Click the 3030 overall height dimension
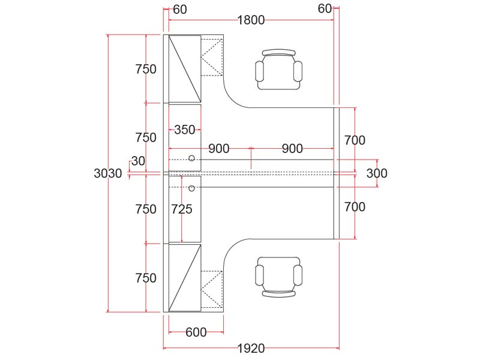[x=108, y=174]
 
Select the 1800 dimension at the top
[x=251, y=20]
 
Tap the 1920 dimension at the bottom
[x=251, y=349]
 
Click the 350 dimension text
[x=185, y=130]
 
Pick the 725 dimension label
[x=182, y=209]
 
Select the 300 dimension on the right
[x=377, y=174]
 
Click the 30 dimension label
[x=138, y=161]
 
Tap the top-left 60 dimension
[x=180, y=9]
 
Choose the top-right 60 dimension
[x=325, y=9]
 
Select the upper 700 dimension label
[x=355, y=141]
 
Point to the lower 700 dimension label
[x=355, y=207]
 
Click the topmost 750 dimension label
[x=146, y=69]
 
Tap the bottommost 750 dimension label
[x=146, y=278]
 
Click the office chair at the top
[x=279, y=70]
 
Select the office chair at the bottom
[x=279, y=277]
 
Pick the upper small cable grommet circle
[x=191, y=158]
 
